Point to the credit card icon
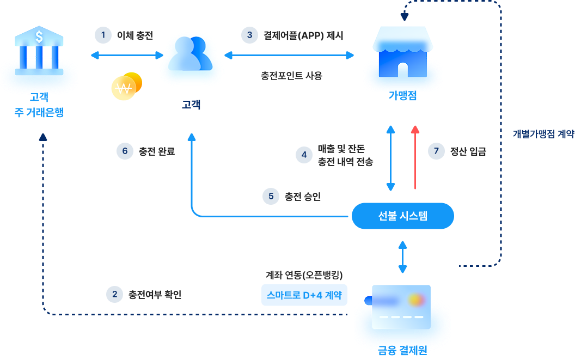coord(400,307)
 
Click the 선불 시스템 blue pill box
coord(402,216)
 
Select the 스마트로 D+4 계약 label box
coord(304,295)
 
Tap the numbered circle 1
coord(102,35)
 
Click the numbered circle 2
coord(114,295)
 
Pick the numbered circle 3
coord(249,35)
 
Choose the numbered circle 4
coord(304,155)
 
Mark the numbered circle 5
coord(271,196)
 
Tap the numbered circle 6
coord(125,151)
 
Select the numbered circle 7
coord(436,151)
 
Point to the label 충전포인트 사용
coord(291,76)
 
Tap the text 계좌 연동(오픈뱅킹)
coord(303,274)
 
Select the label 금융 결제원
coord(402,349)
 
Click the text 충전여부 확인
coord(155,295)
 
